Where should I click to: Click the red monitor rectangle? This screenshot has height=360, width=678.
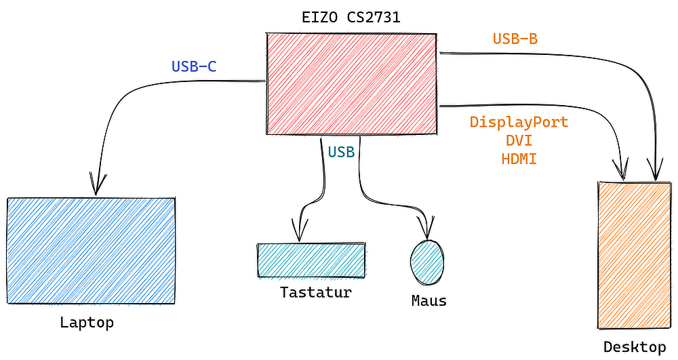(x=351, y=84)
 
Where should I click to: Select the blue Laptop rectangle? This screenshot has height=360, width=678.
(x=92, y=250)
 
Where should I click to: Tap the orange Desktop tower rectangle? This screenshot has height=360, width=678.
(x=634, y=254)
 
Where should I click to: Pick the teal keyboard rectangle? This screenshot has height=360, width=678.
(x=311, y=260)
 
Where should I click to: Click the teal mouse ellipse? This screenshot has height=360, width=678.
(x=427, y=261)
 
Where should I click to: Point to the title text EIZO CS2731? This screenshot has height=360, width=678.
(x=351, y=18)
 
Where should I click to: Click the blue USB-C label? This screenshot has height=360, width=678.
(x=194, y=66)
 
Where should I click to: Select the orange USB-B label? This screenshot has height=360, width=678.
(x=515, y=39)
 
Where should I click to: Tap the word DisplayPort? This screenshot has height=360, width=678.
(x=519, y=123)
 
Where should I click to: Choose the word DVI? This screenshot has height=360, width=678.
(x=519, y=141)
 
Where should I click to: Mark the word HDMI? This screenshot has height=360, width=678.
(x=519, y=159)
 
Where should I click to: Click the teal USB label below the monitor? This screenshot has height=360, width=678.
(x=341, y=153)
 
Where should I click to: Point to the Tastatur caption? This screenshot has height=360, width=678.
(x=316, y=293)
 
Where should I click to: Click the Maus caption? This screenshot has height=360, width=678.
(x=429, y=300)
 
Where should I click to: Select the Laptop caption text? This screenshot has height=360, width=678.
(x=87, y=323)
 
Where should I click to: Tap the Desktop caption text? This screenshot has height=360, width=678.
(x=635, y=348)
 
